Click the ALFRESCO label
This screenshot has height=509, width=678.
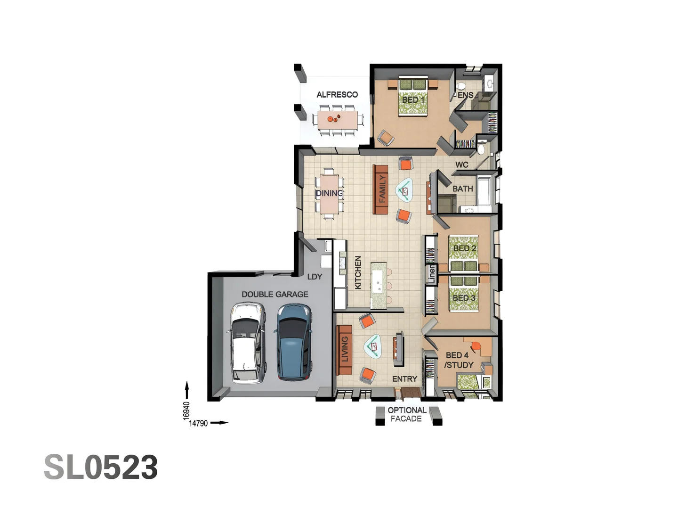[x=337, y=95]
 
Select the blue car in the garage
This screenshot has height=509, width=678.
[x=294, y=342]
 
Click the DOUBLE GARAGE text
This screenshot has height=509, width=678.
[x=275, y=295]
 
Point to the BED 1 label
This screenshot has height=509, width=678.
[x=413, y=100]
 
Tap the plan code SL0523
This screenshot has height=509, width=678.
[x=101, y=468]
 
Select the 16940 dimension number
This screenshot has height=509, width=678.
[x=186, y=410]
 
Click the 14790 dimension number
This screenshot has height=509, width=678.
[x=198, y=423]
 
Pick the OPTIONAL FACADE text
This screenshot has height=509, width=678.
[x=407, y=414]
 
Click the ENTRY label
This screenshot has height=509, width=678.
[x=404, y=379]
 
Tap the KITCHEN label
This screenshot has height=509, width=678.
[x=358, y=272]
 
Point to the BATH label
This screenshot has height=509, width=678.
[x=462, y=189]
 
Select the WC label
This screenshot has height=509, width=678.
[x=461, y=165]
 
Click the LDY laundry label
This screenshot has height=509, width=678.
[x=315, y=277]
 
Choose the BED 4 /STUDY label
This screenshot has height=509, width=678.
[x=458, y=360]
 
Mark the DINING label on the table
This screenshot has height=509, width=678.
[x=329, y=193]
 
